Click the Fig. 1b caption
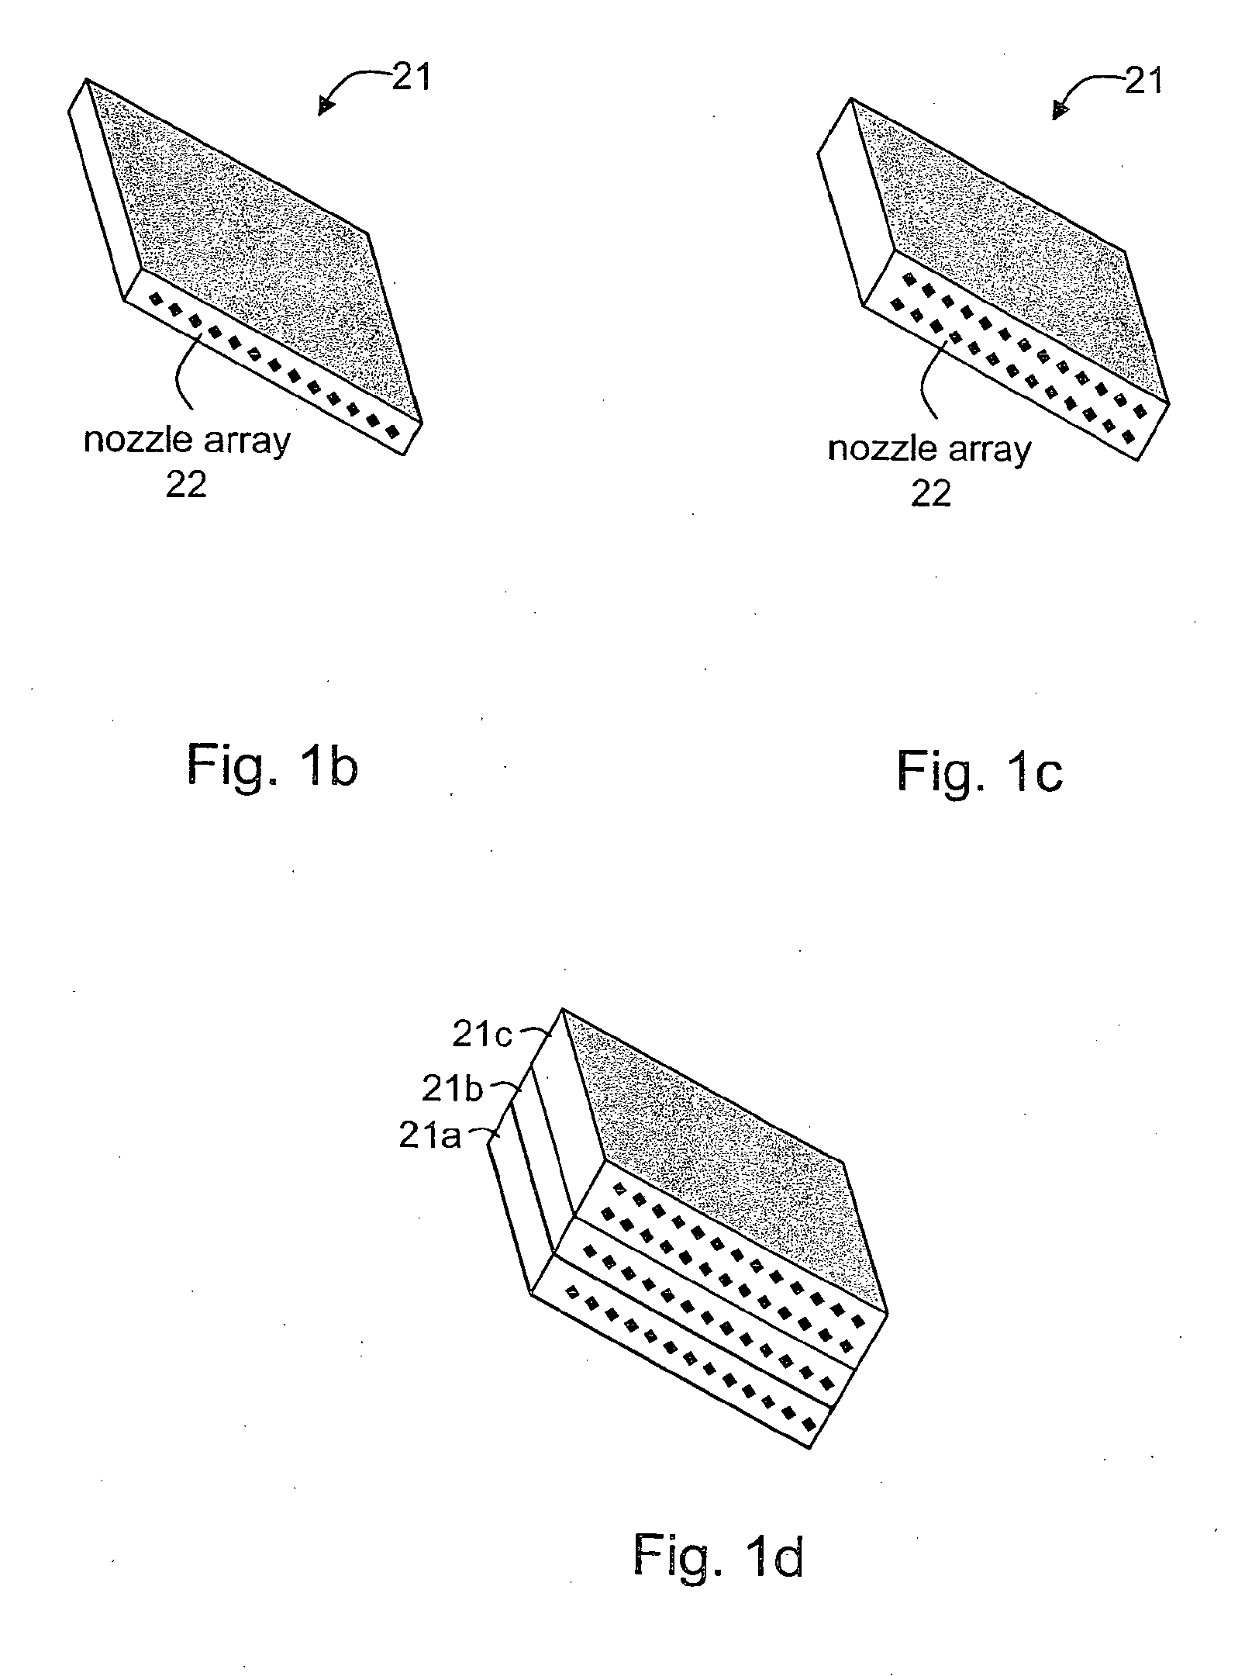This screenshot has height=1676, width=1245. pyautogui.click(x=272, y=765)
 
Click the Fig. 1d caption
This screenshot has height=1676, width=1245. pyautogui.click(x=718, y=1556)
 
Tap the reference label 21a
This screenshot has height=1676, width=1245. pyautogui.click(x=429, y=1137)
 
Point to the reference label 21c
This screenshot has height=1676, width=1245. pyautogui.click(x=482, y=1036)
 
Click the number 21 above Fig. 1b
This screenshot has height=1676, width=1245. pyautogui.click(x=410, y=77)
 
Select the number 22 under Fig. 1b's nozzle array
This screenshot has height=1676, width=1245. pyautogui.click(x=187, y=485)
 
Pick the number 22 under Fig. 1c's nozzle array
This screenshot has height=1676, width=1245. pyautogui.click(x=930, y=492)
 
